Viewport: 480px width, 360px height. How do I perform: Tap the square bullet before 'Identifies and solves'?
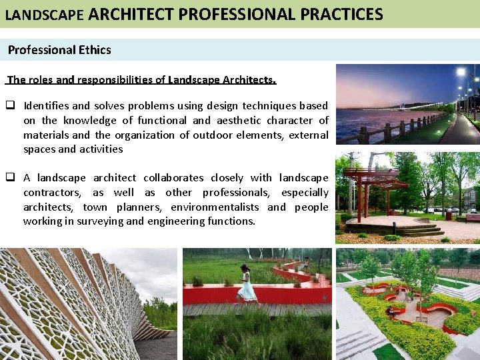[11, 105]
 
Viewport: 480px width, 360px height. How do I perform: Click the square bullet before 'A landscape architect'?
[11, 178]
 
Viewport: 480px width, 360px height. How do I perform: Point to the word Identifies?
[46, 105]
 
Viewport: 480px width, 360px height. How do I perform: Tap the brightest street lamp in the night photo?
[459, 72]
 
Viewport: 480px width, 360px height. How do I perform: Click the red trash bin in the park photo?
[449, 215]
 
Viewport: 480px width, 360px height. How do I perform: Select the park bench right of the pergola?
[472, 217]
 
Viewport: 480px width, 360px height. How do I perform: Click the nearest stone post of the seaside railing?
[364, 136]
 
